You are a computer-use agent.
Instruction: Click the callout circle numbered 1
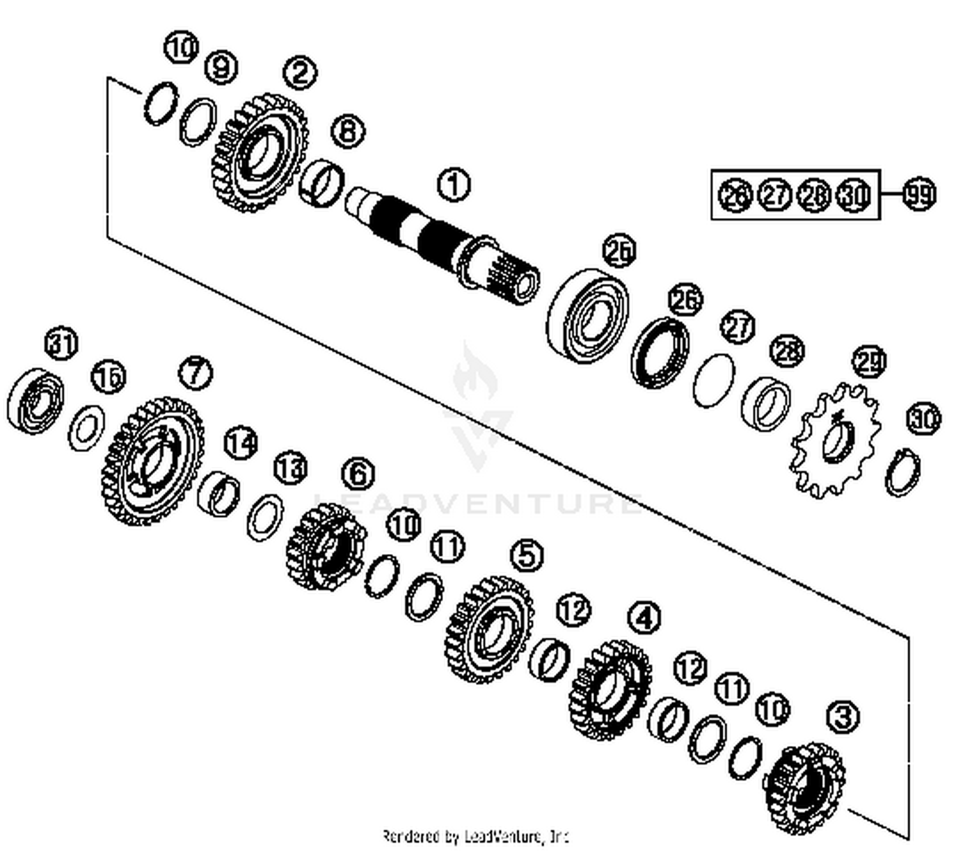(453, 184)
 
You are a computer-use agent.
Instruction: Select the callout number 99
(918, 194)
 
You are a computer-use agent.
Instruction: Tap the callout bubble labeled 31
(62, 344)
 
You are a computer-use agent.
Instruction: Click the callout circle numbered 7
(195, 372)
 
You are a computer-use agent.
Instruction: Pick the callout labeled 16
(108, 377)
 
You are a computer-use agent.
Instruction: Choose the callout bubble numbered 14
(241, 442)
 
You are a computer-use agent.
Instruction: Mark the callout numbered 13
(291, 469)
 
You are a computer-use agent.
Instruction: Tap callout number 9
(221, 66)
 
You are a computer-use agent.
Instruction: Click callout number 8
(348, 132)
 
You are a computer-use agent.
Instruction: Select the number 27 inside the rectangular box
(775, 194)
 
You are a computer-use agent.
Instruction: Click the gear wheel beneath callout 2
(259, 153)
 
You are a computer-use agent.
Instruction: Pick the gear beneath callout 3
(804, 788)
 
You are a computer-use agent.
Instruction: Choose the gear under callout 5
(489, 629)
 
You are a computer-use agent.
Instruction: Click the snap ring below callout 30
(903, 472)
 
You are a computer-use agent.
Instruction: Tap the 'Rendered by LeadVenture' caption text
(475, 836)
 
